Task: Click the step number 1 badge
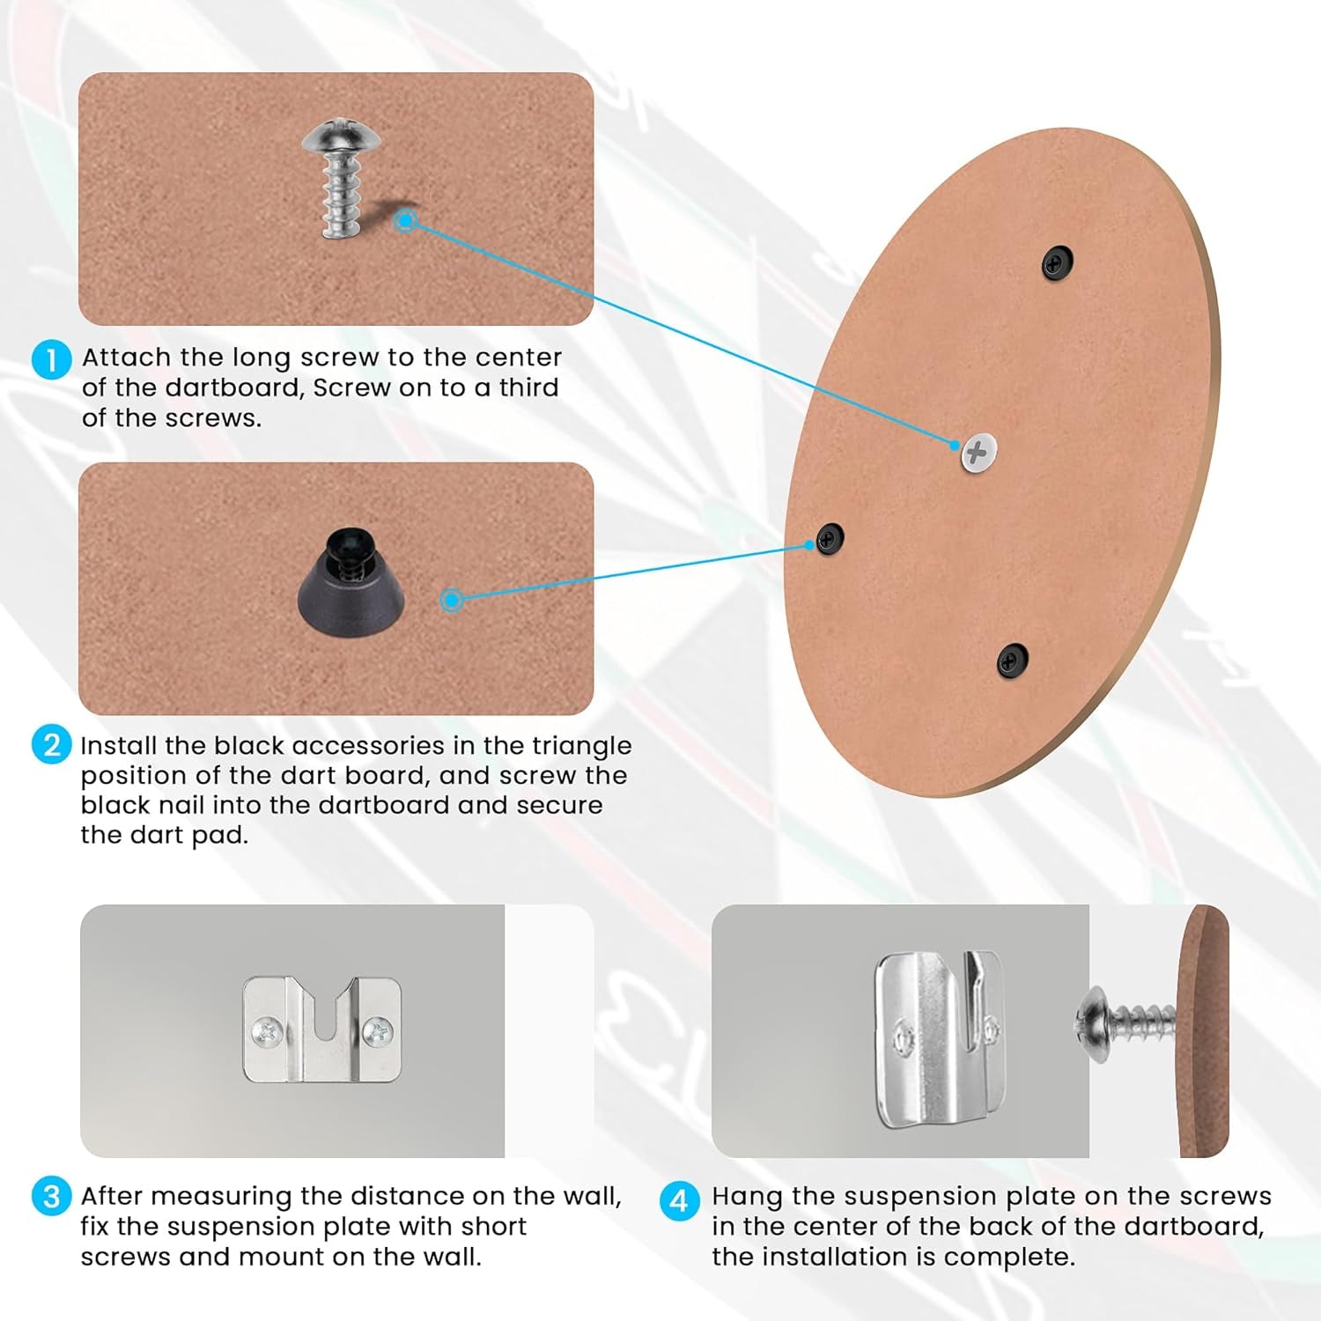[x=51, y=359]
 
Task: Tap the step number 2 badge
[x=51, y=745]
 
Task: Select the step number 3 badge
[x=51, y=1197]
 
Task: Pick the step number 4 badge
[x=679, y=1200]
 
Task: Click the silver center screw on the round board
[x=978, y=453]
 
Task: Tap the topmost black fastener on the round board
[x=1057, y=262]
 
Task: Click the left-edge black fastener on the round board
[x=830, y=537]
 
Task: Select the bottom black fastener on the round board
[x=1012, y=659]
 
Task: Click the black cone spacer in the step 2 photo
[x=351, y=582]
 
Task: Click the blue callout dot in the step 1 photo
[x=405, y=220]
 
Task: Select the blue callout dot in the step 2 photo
[x=452, y=600]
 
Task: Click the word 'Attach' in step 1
[x=127, y=358]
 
